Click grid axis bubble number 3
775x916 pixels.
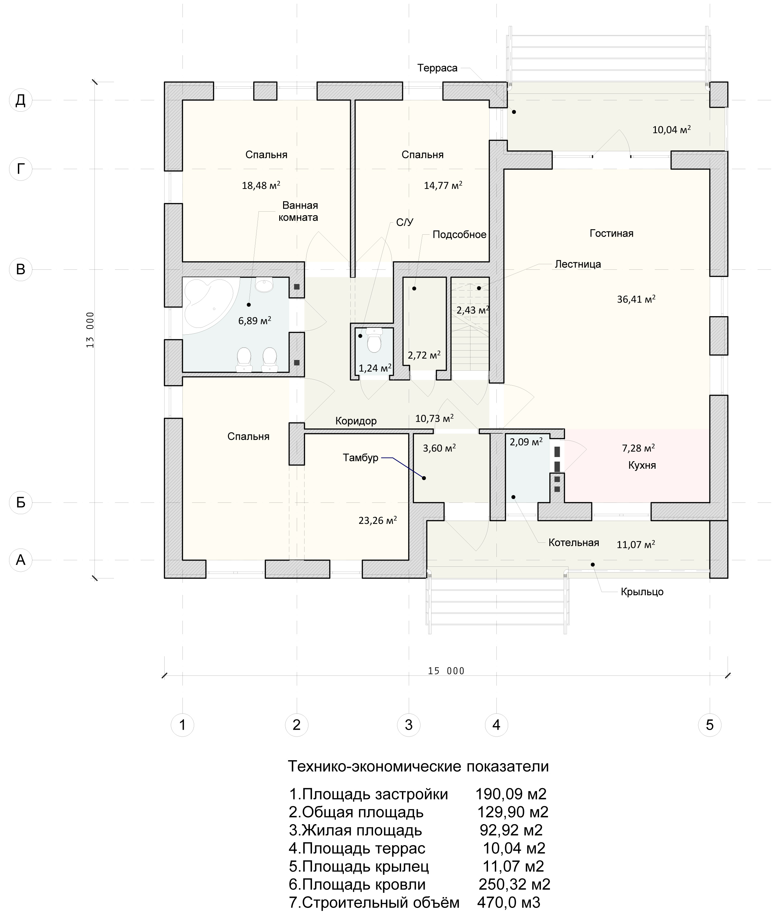point(408,724)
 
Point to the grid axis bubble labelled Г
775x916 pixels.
point(21,168)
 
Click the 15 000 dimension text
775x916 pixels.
point(446,671)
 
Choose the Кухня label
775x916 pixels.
point(642,465)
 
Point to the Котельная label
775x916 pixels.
point(573,542)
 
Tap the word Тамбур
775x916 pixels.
point(360,458)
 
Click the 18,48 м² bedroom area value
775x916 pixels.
point(261,185)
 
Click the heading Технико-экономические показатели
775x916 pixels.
point(418,766)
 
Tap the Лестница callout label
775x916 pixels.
point(578,264)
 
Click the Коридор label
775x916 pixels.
point(356,421)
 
